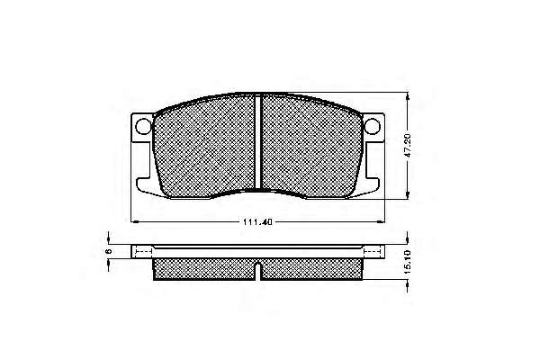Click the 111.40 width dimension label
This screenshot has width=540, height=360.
click(x=257, y=222)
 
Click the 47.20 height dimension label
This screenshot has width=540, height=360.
click(x=408, y=146)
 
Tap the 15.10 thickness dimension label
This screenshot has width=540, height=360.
click(x=408, y=262)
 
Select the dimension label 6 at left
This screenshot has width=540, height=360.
click(x=109, y=251)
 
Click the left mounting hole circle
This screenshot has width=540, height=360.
click(x=143, y=126)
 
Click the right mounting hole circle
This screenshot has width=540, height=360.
click(x=373, y=126)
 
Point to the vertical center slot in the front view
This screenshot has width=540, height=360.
click(x=258, y=142)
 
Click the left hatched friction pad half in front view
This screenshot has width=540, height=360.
click(x=204, y=147)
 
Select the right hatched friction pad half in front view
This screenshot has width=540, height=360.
click(x=311, y=147)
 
